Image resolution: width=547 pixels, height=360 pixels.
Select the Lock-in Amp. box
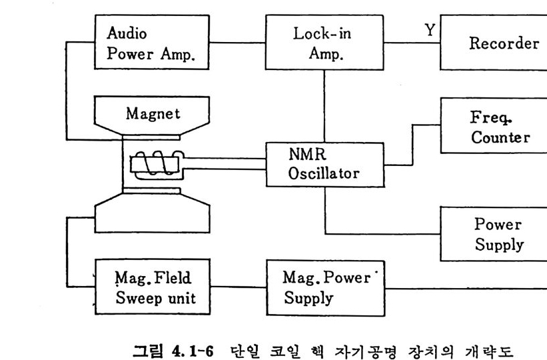(325, 43)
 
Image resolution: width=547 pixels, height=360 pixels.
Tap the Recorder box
(493, 44)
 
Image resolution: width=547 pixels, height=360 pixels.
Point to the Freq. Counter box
(493, 127)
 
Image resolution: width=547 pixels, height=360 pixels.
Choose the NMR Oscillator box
(324, 164)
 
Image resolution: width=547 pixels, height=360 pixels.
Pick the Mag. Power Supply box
(325, 287)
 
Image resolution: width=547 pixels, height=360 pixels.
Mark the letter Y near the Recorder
(430, 29)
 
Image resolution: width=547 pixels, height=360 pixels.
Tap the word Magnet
(153, 114)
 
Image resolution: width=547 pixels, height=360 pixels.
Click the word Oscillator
(324, 174)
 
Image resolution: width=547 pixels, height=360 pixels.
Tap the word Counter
(500, 137)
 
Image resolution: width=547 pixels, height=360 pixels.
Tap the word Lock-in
(322, 34)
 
